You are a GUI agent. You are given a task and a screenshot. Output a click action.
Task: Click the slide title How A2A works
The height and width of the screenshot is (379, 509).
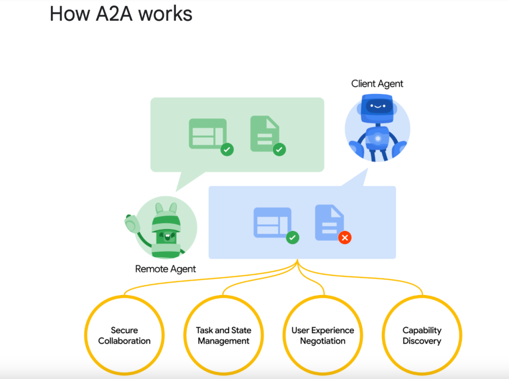coord(121,14)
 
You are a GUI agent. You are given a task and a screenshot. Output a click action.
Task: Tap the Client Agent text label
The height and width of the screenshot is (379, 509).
coord(377,84)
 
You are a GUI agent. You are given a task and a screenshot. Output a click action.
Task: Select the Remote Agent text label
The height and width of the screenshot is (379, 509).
coord(165,269)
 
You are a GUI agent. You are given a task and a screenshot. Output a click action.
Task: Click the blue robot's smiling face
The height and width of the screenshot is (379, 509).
coord(377,106)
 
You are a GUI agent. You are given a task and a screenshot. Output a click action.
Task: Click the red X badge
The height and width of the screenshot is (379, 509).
coord(345,237)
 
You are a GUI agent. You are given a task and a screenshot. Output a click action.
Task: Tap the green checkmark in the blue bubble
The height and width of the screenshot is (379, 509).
coord(292,237)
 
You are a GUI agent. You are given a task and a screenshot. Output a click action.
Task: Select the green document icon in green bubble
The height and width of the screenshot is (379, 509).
coord(264,134)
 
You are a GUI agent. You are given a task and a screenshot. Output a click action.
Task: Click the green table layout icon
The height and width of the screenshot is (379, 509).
coord(207,134)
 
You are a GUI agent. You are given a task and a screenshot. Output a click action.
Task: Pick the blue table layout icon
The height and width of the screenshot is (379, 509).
coord(272,222)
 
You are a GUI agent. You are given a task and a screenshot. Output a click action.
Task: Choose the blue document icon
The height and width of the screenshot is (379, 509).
coord(329,221)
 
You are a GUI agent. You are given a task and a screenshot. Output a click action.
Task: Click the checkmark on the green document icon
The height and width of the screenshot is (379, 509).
coord(279,150)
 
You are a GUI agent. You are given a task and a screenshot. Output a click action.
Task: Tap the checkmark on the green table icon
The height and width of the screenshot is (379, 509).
coord(227,150)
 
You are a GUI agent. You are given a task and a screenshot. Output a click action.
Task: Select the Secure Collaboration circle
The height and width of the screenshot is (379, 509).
coord(124,336)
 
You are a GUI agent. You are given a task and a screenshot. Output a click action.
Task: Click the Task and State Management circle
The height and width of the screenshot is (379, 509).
coord(223,336)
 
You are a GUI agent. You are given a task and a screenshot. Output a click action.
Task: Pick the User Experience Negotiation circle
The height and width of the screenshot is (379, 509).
coord(323,336)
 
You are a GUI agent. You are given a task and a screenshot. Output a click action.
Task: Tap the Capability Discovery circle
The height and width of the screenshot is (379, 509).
coord(422,336)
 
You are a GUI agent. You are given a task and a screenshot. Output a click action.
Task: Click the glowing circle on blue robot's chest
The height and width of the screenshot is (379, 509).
coord(378,138)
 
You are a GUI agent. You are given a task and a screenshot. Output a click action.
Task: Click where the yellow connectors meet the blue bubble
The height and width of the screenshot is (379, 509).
coord(297,261)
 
